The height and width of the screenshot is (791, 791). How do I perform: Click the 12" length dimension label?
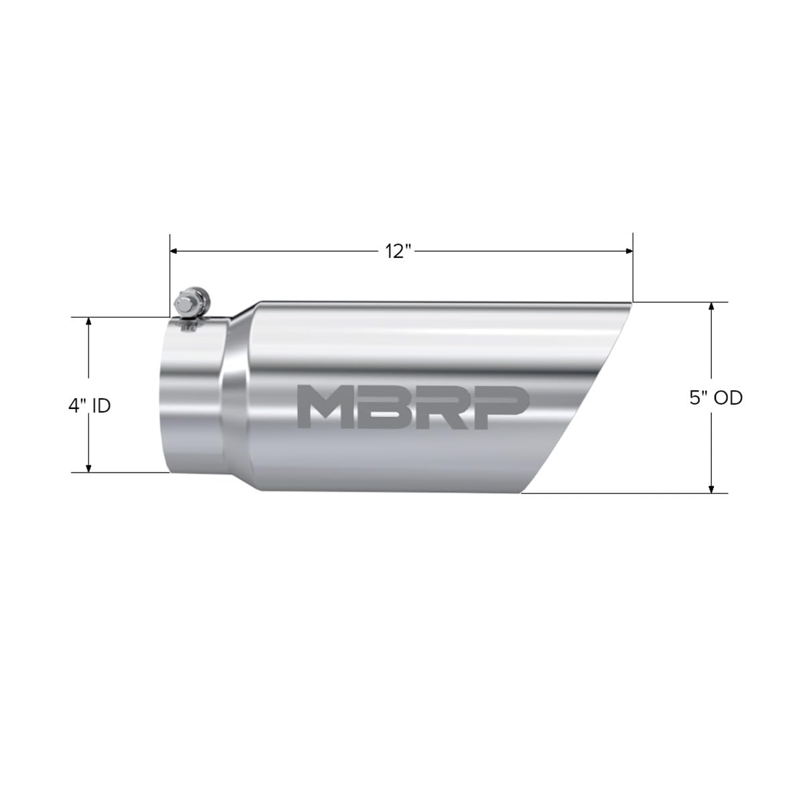pos(398,251)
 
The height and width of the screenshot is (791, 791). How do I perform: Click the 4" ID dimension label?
pos(88,406)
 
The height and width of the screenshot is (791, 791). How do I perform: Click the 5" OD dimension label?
pos(716,398)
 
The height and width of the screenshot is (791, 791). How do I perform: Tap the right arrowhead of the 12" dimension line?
pos(629,251)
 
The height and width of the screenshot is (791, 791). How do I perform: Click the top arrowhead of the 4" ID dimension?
pos(88,322)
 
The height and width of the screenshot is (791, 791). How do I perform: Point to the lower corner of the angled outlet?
pos(522,493)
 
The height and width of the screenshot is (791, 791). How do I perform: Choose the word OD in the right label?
pos(728,398)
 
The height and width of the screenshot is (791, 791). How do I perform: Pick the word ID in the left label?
pos(101,406)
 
